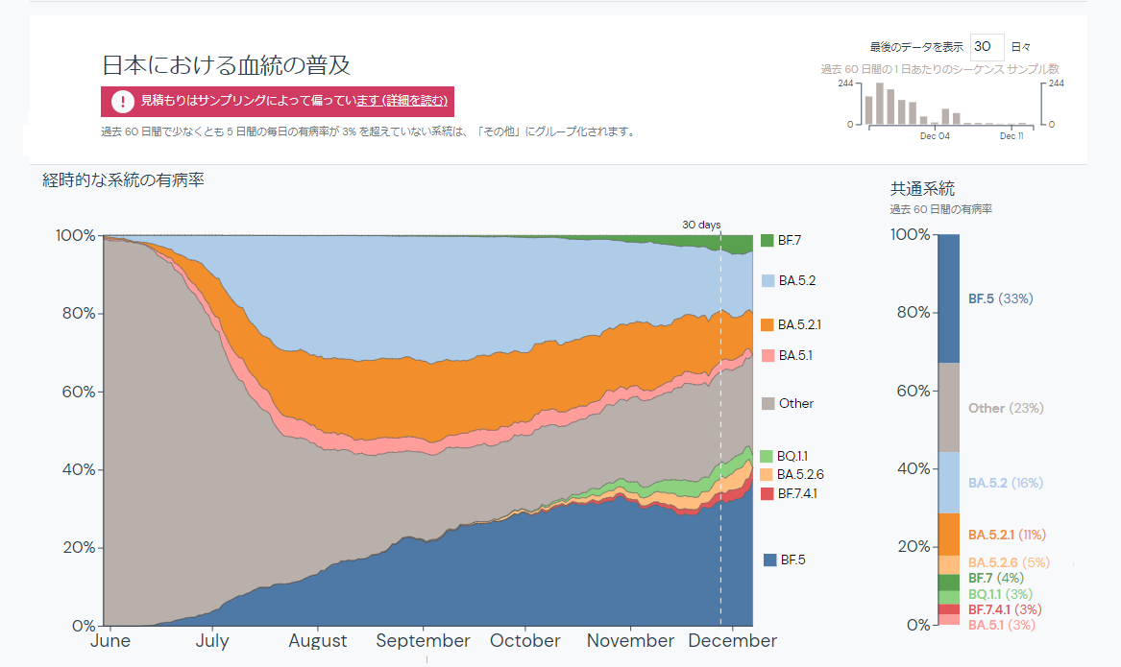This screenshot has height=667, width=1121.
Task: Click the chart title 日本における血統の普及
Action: coord(227,65)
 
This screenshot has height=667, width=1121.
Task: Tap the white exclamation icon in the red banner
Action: coord(122,101)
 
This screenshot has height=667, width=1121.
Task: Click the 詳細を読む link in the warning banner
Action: coord(414,101)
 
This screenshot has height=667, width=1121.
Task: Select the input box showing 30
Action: coord(987,46)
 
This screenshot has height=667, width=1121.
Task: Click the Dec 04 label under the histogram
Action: coord(934,136)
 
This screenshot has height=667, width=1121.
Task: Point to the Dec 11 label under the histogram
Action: coord(1011,136)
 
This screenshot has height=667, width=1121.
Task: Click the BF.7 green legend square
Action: coord(767,241)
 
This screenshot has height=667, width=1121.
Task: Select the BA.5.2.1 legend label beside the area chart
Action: coord(799,325)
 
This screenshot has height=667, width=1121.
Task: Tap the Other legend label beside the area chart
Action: coord(796,403)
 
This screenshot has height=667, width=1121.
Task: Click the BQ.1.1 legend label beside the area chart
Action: coord(793,456)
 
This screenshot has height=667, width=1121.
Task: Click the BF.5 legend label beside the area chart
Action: coord(792,559)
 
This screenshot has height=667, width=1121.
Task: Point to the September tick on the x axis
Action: coord(424,640)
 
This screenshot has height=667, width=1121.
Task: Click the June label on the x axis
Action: coord(110,640)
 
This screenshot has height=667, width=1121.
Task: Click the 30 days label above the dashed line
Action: coord(701,225)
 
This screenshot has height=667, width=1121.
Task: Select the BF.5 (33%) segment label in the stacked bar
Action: coord(1000,298)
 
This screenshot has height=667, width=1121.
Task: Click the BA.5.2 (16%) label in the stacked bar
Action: coord(1005,483)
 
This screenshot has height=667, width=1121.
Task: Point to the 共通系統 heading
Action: coord(922,189)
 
